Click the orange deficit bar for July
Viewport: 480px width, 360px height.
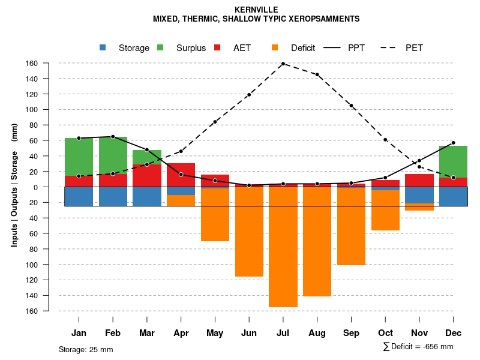[283, 247]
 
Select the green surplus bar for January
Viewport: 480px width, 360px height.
[79, 157]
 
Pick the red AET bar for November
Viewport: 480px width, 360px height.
[419, 180]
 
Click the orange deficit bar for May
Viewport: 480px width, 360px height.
[215, 214]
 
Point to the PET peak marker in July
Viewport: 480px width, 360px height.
[283, 64]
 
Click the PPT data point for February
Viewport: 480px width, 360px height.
[113, 137]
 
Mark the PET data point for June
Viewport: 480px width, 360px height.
[249, 95]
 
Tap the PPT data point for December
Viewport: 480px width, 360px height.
[454, 143]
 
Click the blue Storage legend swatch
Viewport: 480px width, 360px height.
[103, 47]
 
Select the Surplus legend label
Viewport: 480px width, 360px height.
[191, 48]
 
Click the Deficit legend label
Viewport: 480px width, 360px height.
[303, 48]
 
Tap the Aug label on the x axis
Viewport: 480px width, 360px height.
[317, 333]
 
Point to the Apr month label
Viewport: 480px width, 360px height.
[181, 333]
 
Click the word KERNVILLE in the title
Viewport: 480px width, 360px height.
[256, 10]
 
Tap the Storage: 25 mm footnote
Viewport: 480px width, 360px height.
[86, 349]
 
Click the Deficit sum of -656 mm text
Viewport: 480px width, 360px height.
[418, 347]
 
